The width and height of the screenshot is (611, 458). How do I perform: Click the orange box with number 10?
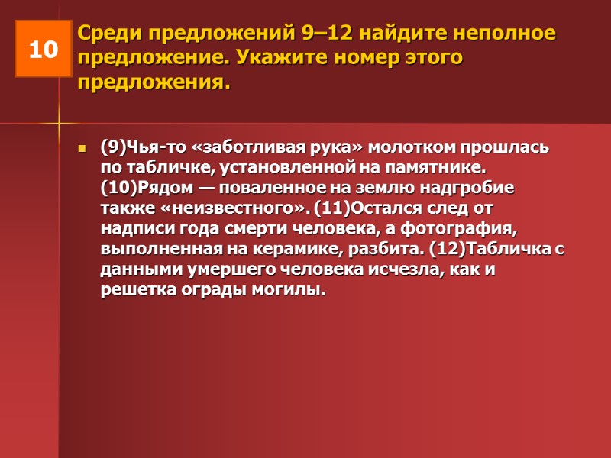coord(44,50)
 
